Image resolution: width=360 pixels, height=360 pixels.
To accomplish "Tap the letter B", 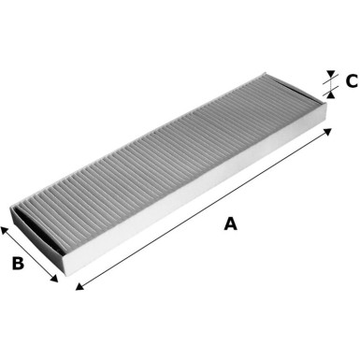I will coord(18,264).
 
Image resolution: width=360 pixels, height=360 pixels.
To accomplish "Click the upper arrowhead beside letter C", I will coord(330,75).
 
